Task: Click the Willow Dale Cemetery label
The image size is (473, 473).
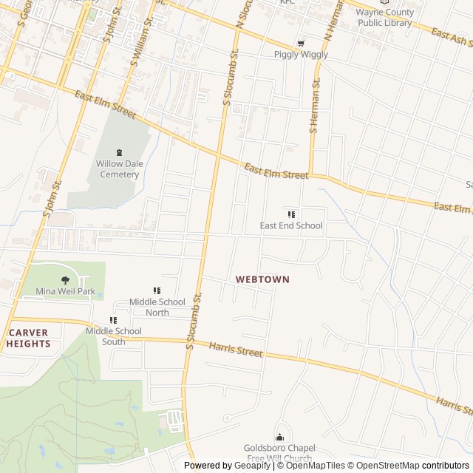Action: [118, 169]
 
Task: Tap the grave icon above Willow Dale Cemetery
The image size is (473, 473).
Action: [118, 152]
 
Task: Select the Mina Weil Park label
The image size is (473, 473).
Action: [66, 291]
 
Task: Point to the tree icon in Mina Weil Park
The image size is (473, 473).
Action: [66, 279]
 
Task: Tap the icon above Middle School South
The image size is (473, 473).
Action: [113, 320]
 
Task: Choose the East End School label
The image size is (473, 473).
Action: [291, 225]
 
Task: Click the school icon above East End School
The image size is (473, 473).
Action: [291, 214]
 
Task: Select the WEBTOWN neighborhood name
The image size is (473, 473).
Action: [262, 279]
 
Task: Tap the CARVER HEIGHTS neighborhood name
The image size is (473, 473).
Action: [30, 338]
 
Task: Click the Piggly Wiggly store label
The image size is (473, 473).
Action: [301, 55]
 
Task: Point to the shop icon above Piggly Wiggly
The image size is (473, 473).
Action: [300, 43]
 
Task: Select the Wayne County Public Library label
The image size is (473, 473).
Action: [384, 17]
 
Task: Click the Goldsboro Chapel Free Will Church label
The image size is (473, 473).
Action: [279, 453]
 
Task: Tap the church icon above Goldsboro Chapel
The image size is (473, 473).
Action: [279, 438]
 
